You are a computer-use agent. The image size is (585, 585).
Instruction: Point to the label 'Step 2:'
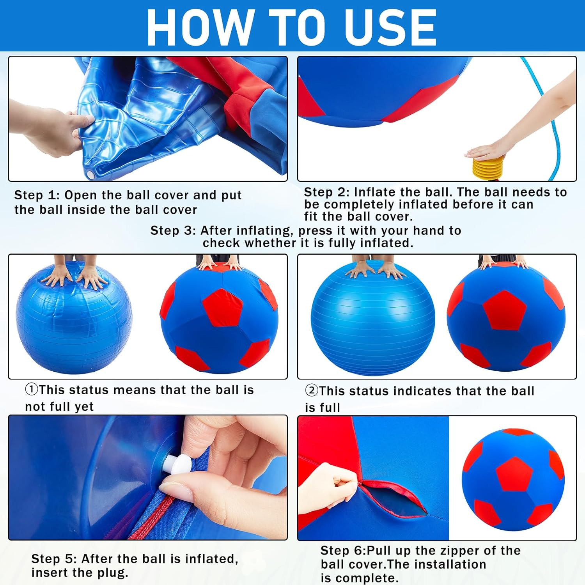pyautogui.click(x=326, y=192)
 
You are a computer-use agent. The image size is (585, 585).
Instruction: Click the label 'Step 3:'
pyautogui.click(x=173, y=230)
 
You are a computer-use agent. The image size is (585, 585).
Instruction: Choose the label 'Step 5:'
pyautogui.click(x=53, y=559)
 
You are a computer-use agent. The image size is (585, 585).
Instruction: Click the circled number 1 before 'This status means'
pyautogui.click(x=32, y=389)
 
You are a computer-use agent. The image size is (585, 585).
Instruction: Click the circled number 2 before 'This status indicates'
pyautogui.click(x=311, y=390)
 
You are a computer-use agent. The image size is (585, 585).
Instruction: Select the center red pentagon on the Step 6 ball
pyautogui.click(x=515, y=474)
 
